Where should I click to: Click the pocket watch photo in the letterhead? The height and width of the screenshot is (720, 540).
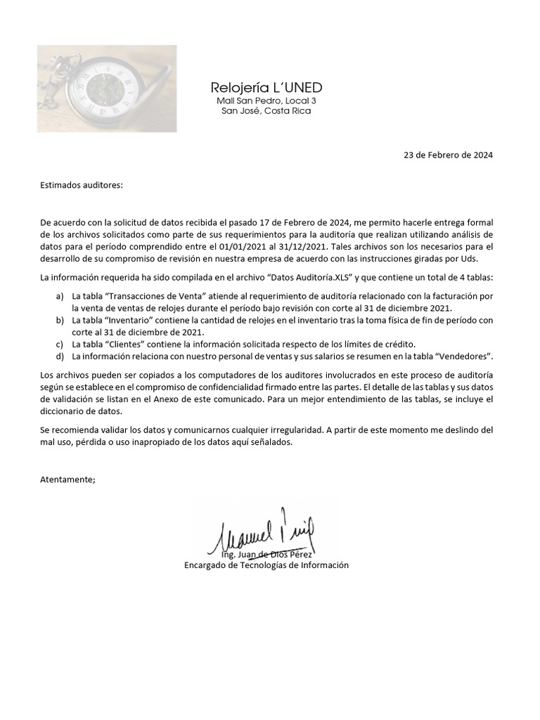pyautogui.click(x=107, y=89)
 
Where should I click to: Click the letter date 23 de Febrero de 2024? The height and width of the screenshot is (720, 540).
pyautogui.click(x=448, y=155)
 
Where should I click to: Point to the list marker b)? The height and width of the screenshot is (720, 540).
pyautogui.click(x=60, y=321)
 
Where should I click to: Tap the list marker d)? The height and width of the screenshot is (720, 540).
pyautogui.click(x=60, y=356)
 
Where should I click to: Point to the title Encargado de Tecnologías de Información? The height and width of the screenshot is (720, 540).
pyautogui.click(x=266, y=565)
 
